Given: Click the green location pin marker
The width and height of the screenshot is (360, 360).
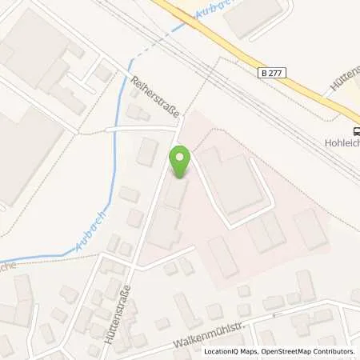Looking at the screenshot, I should (x=181, y=162).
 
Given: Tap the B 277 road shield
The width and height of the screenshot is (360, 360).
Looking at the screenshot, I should (x=273, y=73).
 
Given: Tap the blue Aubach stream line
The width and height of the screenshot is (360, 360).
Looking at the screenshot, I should (x=116, y=160).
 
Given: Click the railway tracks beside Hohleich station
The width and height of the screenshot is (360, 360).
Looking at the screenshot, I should (x=320, y=136).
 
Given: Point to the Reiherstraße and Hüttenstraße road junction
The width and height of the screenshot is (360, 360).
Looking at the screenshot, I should (x=178, y=126).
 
